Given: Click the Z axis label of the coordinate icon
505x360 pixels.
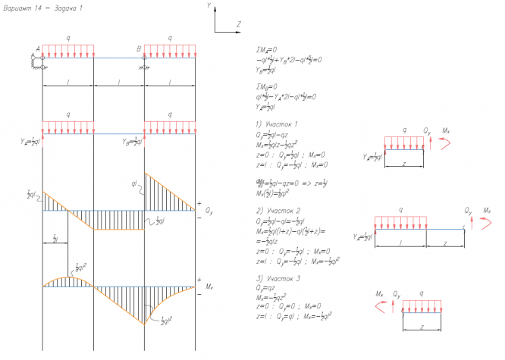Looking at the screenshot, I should tap(237, 25).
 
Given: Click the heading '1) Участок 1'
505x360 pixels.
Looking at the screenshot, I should tap(278, 123).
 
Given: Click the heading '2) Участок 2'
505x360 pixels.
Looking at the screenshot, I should tap(278, 208).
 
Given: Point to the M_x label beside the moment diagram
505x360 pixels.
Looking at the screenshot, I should tap(210, 287).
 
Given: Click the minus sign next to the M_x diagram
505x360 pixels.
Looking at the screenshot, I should tap(199, 294).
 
